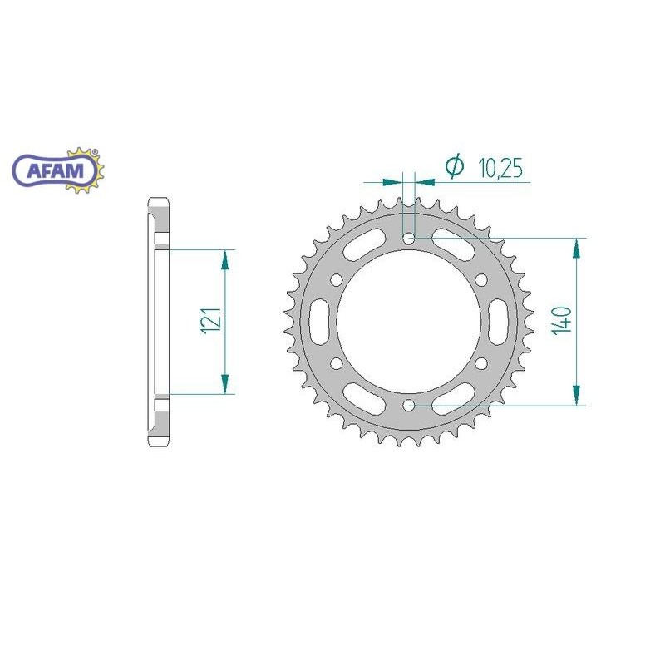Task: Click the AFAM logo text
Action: pyautogui.click(x=56, y=170)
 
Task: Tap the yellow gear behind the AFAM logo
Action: pyautogui.click(x=85, y=170)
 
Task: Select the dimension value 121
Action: pyautogui.click(x=212, y=321)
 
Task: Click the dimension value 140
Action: pyautogui.click(x=562, y=321)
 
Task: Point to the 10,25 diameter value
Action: pyautogui.click(x=500, y=168)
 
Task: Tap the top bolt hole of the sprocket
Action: pyautogui.click(x=409, y=239)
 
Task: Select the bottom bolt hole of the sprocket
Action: pyautogui.click(x=409, y=406)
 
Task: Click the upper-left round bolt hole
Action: pyautogui.click(x=337, y=280)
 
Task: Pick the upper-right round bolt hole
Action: pyautogui.click(x=481, y=280)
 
